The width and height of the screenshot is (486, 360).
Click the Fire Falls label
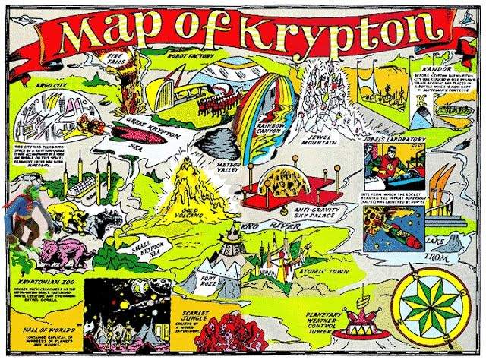click(x=114, y=58)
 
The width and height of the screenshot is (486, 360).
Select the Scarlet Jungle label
click(x=186, y=320)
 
